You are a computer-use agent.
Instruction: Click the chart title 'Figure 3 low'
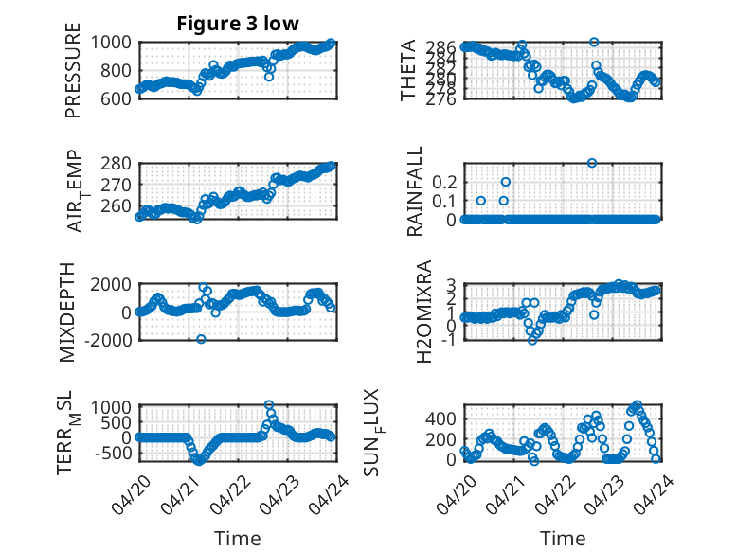[238, 24]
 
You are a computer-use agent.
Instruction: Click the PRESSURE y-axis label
[73, 70]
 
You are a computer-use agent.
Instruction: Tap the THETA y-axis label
[408, 70]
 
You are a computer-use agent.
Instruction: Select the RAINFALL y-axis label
[415, 191]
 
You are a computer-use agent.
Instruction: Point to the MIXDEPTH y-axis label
[67, 312]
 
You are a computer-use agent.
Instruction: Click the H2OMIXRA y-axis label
[424, 312]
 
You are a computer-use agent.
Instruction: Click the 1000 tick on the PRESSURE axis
[111, 43]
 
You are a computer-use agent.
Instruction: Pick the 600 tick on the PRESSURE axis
[116, 98]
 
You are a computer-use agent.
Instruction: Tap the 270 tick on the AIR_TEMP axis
[116, 185]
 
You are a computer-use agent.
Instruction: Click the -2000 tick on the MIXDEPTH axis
[108, 340]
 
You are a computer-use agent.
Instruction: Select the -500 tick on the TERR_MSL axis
[113, 454]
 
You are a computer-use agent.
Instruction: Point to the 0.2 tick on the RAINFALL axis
[444, 182]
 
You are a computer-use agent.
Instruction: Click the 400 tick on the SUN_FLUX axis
[440, 418]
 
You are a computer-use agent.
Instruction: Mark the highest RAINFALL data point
[592, 163]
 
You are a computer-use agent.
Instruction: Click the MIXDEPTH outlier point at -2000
[201, 339]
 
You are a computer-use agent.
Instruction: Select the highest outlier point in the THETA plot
[594, 43]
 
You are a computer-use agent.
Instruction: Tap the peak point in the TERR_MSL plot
[269, 405]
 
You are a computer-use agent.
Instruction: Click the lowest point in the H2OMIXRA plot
[532, 340]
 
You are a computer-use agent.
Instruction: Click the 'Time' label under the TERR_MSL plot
[238, 539]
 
